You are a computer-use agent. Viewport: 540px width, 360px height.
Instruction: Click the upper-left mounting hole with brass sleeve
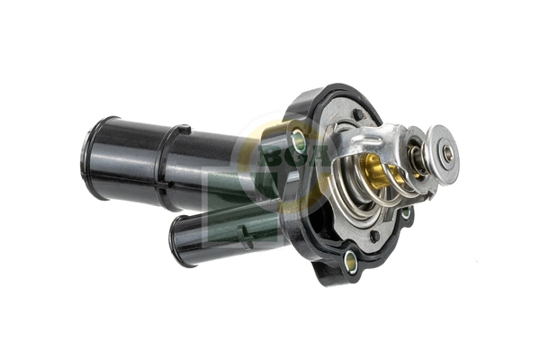coord(299,139)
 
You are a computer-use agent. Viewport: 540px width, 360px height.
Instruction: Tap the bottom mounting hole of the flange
coord(351,262)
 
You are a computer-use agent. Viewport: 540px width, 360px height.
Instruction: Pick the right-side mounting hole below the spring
coord(406,212)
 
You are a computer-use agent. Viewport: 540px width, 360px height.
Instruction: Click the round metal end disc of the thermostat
coord(443,153)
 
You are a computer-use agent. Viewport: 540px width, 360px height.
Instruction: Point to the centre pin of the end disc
coord(447,154)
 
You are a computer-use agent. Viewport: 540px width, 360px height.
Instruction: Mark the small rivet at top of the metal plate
coord(359,114)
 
